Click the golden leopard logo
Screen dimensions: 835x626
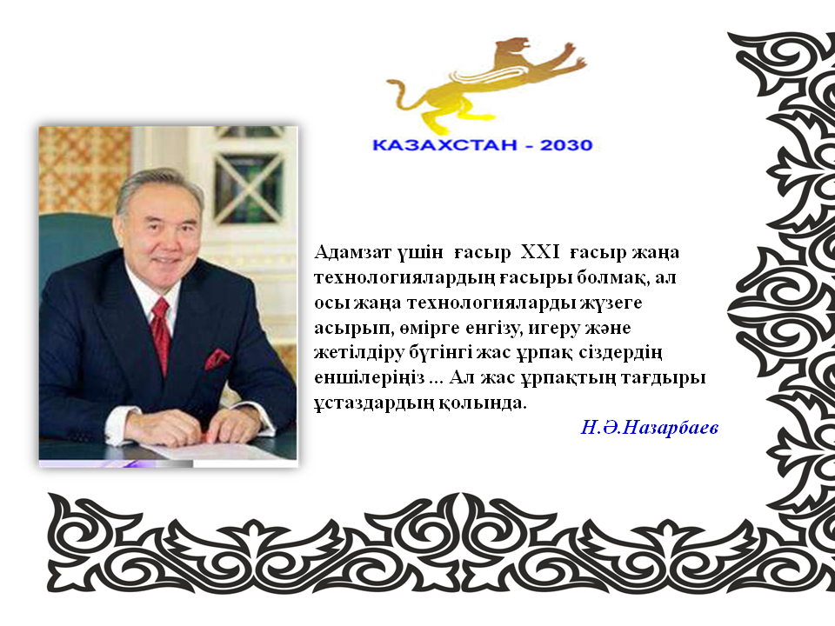pos(485,85)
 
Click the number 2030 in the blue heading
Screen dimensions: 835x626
pos(566,145)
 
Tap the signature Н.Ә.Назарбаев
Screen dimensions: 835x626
pos(649,427)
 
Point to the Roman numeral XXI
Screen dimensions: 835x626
pos(539,252)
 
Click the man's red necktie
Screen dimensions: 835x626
pos(161,333)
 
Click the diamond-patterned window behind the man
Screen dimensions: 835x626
pos(248,189)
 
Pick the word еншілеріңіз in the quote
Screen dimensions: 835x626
pos(369,378)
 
